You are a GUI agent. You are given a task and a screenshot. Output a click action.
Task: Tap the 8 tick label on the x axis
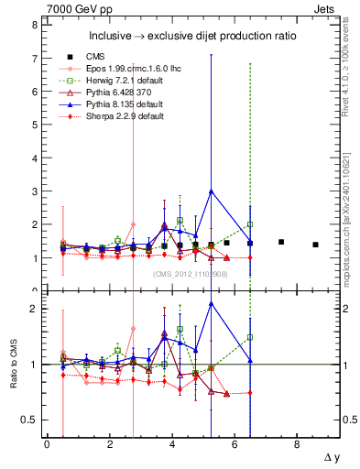click(298, 443)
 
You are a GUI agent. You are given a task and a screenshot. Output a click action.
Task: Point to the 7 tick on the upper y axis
click(33, 59)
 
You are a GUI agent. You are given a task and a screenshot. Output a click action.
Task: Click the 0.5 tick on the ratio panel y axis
click(28, 420)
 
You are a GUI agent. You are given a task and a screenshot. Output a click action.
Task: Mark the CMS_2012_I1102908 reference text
click(190, 274)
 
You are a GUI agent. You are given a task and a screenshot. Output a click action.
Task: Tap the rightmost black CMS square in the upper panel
click(315, 245)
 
